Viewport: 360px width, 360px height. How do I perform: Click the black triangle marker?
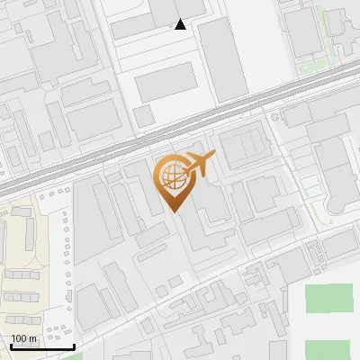[181, 24]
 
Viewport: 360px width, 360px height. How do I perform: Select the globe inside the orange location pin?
[172, 174]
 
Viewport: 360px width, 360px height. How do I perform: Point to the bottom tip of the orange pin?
[174, 211]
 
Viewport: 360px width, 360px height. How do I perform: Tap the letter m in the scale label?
[32, 338]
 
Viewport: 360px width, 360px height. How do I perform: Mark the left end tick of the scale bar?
[9, 346]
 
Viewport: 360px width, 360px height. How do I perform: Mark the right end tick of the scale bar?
[74, 346]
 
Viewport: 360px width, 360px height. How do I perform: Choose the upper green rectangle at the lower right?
[328, 299]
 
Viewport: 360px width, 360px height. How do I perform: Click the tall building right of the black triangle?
[222, 58]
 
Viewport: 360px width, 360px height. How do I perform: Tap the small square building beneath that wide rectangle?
[143, 116]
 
